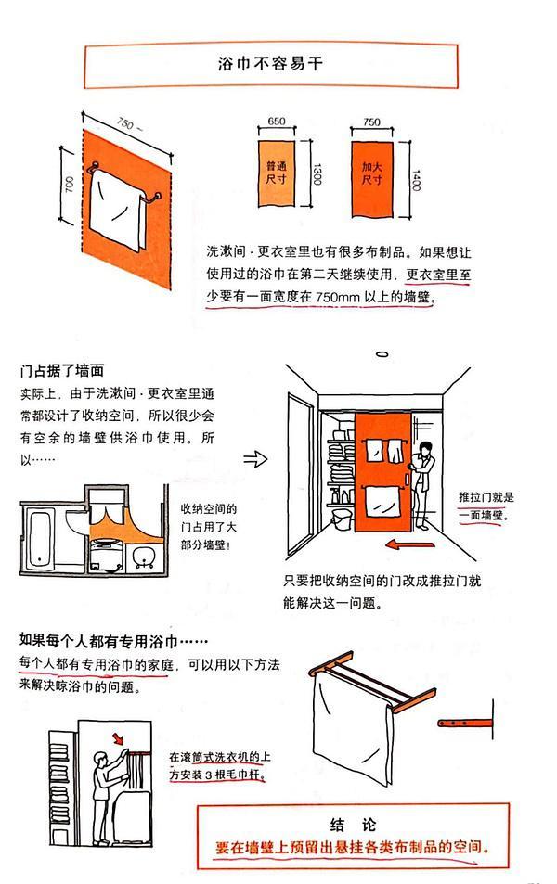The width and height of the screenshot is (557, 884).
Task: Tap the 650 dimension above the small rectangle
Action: click(x=277, y=122)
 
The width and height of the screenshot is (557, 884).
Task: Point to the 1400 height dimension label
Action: click(x=415, y=173)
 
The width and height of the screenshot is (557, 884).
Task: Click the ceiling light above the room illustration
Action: click(x=382, y=353)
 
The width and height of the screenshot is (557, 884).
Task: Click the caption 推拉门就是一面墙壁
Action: click(x=493, y=506)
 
